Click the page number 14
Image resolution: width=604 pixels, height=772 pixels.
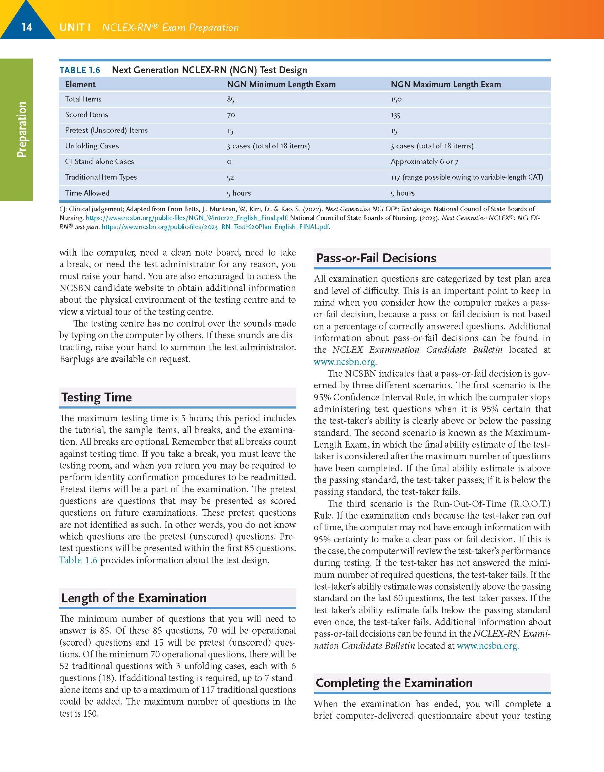pos(27,27)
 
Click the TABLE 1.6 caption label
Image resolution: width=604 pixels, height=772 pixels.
pos(80,70)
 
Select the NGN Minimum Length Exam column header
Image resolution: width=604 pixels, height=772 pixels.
pos(281,84)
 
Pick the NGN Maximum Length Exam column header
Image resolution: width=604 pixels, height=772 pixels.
pos(446,84)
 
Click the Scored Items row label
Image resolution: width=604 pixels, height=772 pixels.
pos(86,115)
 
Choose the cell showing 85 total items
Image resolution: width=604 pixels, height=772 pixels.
pos(231,99)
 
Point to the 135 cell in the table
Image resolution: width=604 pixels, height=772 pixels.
pos(395,115)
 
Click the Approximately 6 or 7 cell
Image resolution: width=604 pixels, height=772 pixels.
pos(424,161)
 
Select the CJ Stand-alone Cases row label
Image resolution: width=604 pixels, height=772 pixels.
pos(99,161)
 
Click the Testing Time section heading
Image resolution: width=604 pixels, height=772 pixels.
pos(96,397)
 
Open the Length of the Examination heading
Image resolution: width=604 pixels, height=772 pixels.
pos(134,598)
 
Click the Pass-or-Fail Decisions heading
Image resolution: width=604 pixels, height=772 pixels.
pos(376,258)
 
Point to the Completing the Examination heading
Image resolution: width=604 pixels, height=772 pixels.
pos(394,683)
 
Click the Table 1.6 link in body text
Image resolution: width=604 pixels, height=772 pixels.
pos(78,560)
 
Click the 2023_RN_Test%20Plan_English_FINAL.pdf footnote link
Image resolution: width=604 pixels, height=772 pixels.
pos(215,227)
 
